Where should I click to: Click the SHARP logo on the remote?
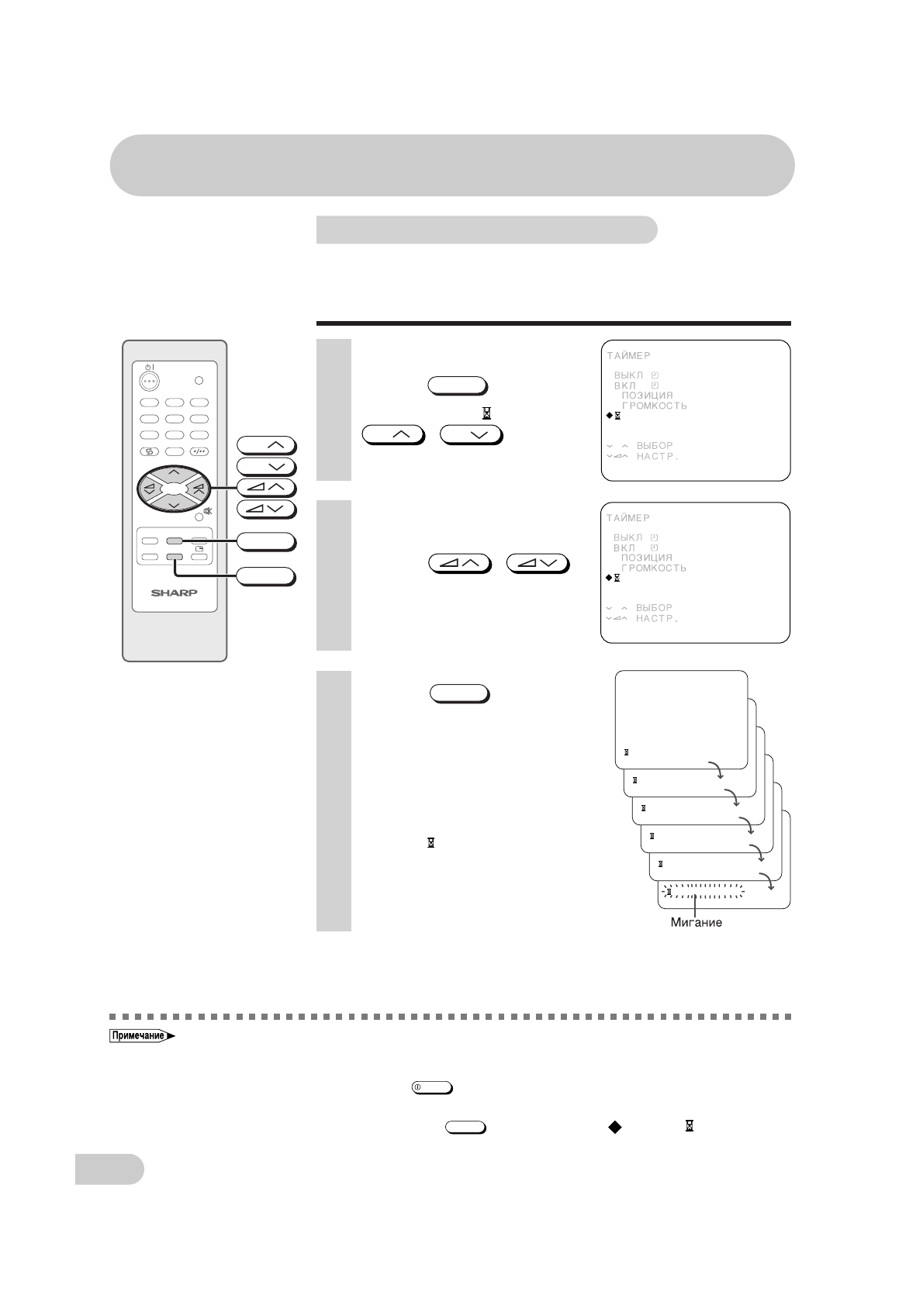[x=175, y=593]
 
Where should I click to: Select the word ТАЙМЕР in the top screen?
[x=628, y=356]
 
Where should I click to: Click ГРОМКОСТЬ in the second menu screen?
[x=654, y=568]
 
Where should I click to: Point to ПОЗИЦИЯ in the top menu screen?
[x=648, y=396]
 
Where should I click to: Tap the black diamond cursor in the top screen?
[x=609, y=416]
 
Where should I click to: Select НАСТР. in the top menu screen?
[x=657, y=457]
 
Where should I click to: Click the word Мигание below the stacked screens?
[x=696, y=923]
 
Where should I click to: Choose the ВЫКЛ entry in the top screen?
[x=628, y=375]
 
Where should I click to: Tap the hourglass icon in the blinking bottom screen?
[x=669, y=893]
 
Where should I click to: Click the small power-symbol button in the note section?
[x=432, y=1087]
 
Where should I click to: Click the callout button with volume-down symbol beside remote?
[x=266, y=509]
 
